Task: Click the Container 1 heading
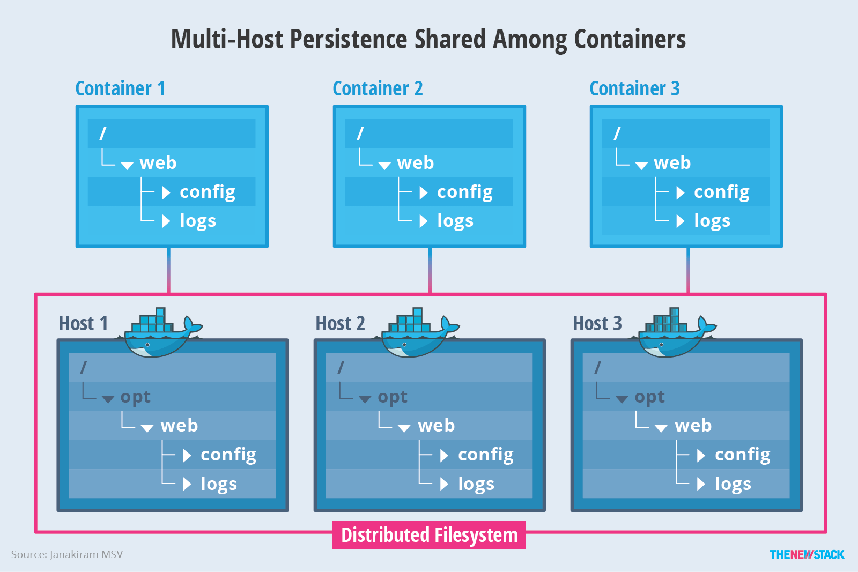120,88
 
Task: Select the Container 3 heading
634,88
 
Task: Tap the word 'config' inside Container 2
464,192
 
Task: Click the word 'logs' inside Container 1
197,221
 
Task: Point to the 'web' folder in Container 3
672,163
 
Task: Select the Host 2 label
340,324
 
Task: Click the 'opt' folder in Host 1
135,397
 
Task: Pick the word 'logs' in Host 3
733,484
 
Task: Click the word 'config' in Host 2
485,455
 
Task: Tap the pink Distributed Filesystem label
429,535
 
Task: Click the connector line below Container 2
430,270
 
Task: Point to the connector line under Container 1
169,270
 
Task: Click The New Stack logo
807,555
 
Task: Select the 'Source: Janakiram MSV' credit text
67,555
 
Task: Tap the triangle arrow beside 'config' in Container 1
166,192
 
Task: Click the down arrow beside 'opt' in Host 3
622,399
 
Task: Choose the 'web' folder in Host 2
436,426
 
